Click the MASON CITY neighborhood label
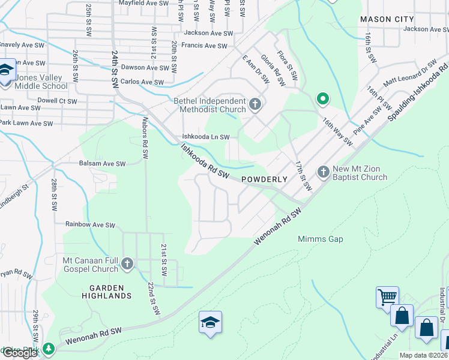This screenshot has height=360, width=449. [x=387, y=19]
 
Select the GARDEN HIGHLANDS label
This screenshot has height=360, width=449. [x=107, y=291]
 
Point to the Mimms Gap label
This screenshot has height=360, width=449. [x=321, y=239]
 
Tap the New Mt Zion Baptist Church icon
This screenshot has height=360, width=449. [x=324, y=172]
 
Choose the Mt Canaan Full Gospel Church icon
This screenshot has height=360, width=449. [x=127, y=263]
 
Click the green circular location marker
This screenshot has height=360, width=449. [x=322, y=99]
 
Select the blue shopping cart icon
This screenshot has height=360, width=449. [x=387, y=297]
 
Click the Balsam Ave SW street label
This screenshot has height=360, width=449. [x=102, y=163]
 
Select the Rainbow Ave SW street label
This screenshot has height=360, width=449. [x=90, y=225]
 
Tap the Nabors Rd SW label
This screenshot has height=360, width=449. [x=145, y=137]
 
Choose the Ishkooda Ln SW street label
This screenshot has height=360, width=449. [x=206, y=137]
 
